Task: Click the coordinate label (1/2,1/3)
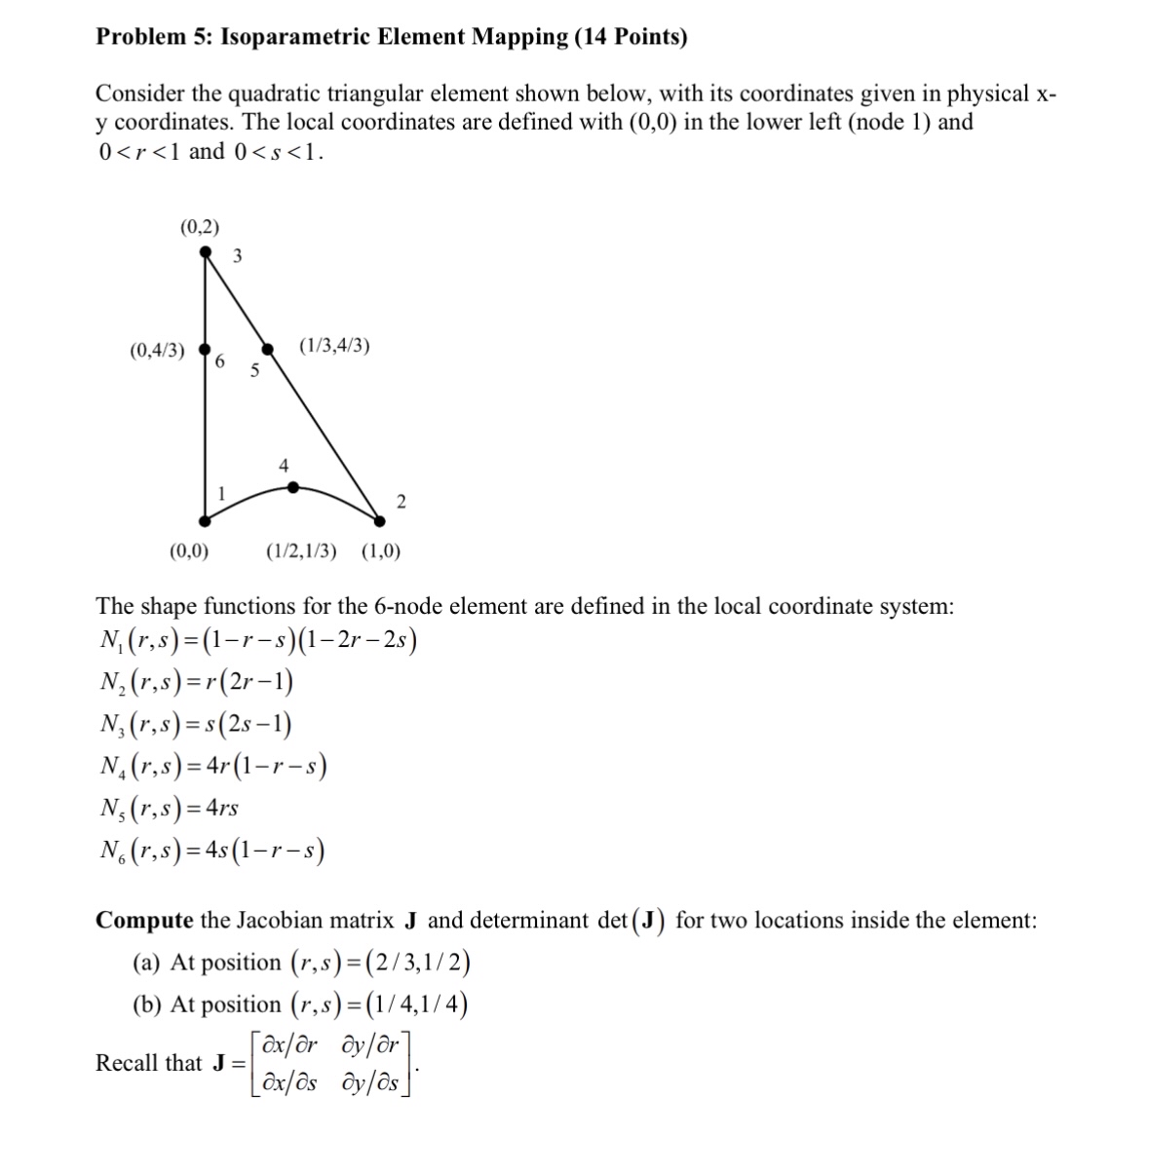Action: click(x=302, y=551)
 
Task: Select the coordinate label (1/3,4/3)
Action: click(x=334, y=346)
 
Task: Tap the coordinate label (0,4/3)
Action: click(x=157, y=350)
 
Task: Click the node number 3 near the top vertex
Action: click(x=238, y=256)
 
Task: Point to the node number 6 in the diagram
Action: click(x=219, y=362)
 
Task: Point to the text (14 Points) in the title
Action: click(x=632, y=38)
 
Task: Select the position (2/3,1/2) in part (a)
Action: click(x=381, y=963)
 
